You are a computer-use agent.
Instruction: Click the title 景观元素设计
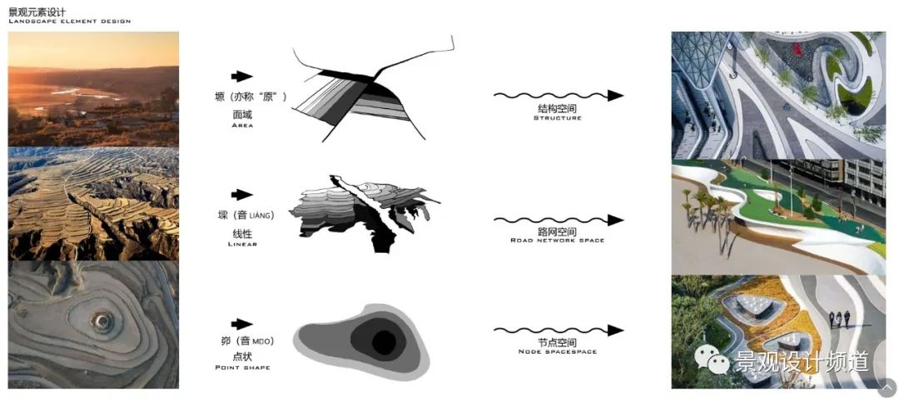pyautogui.click(x=37, y=11)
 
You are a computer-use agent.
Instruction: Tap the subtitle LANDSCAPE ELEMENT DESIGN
pyautogui.click(x=69, y=21)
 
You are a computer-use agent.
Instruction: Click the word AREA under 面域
pyautogui.click(x=242, y=125)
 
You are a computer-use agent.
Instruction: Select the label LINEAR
pyautogui.click(x=242, y=244)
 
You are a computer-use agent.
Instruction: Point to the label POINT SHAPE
pyautogui.click(x=242, y=367)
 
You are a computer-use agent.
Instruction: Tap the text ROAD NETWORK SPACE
pyautogui.click(x=557, y=241)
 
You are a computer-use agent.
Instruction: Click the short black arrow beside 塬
pyautogui.click(x=242, y=77)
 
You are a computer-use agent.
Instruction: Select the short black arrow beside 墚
pyautogui.click(x=242, y=195)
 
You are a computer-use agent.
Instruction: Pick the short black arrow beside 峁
pyautogui.click(x=242, y=324)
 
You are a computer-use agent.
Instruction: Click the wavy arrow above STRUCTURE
pyautogui.click(x=558, y=95)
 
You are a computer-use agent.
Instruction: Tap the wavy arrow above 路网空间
pyautogui.click(x=558, y=221)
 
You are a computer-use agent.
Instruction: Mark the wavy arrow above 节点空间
pyautogui.click(x=558, y=330)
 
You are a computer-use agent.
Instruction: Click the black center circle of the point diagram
pyautogui.click(x=383, y=342)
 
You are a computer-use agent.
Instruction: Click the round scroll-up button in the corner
pyautogui.click(x=887, y=388)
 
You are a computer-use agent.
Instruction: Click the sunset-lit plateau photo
pyautogui.click(x=93, y=89)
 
